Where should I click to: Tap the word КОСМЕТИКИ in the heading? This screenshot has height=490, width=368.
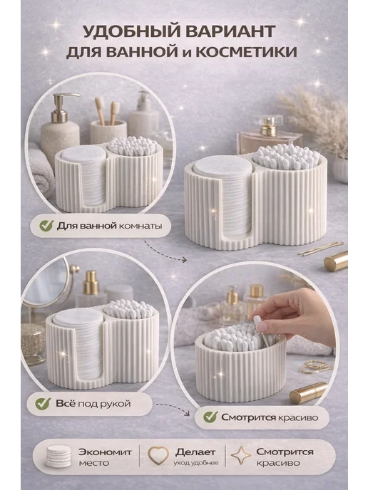(x=246, y=52)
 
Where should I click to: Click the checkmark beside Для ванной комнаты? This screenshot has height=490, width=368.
(x=46, y=225)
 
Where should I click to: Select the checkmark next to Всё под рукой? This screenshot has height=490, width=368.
(x=44, y=403)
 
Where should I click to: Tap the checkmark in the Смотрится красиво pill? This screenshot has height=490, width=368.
(x=210, y=417)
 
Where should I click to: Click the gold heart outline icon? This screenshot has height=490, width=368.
(x=158, y=456)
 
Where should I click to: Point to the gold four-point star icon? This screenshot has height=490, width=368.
(x=241, y=456)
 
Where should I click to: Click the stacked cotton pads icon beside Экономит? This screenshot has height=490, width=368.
(x=58, y=457)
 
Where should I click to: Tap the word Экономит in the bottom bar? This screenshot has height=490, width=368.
(x=105, y=452)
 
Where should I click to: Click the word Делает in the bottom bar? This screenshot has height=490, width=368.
(x=195, y=452)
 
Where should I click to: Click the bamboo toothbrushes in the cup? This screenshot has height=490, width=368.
(x=107, y=110)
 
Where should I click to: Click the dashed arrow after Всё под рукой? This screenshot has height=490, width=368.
(x=174, y=408)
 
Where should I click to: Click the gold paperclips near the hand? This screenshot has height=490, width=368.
(x=315, y=366)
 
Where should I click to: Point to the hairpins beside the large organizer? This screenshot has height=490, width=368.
(x=321, y=249)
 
